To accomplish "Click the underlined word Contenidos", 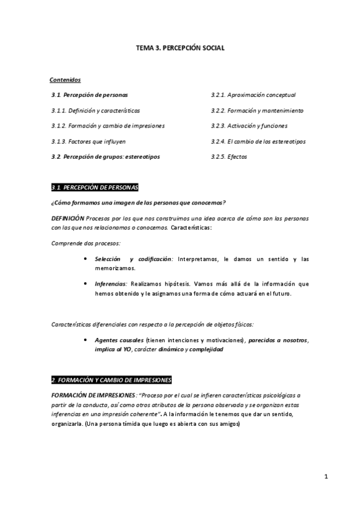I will (x=65, y=79).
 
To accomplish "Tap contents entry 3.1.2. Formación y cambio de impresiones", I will (x=108, y=126).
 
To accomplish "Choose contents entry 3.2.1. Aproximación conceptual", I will (x=253, y=94).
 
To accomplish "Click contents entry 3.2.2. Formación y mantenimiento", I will (x=257, y=110).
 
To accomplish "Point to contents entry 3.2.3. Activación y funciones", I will (x=249, y=126).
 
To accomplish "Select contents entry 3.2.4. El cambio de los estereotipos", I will (x=258, y=141).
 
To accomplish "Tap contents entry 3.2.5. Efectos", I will (x=228, y=157).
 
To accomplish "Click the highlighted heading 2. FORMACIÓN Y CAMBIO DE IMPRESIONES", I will (x=111, y=380).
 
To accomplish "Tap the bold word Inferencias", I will (x=111, y=283).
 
